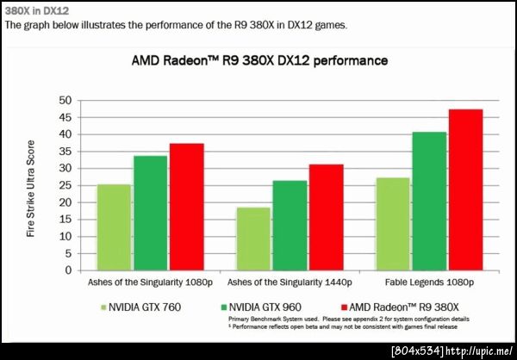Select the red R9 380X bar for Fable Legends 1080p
(x=465, y=189)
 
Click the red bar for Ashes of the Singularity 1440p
(x=326, y=217)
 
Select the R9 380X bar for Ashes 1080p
(x=186, y=207)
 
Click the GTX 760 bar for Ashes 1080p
(x=114, y=227)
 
